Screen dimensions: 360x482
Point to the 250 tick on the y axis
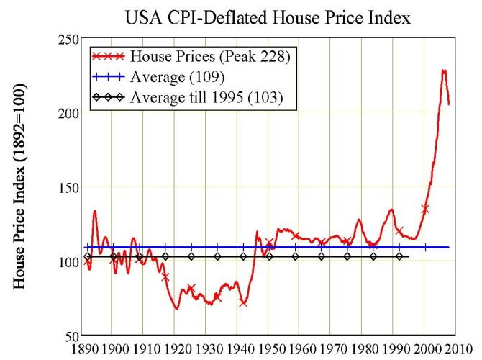coord(69,38)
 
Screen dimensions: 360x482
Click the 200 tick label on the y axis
coord(69,113)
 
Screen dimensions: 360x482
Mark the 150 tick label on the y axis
coord(69,187)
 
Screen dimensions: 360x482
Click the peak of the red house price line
coord(444,71)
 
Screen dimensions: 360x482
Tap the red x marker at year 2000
coord(425,209)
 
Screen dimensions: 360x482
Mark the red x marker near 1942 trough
coord(243,303)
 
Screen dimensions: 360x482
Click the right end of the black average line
coord(409,256)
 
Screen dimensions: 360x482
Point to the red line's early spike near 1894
coord(95,211)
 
